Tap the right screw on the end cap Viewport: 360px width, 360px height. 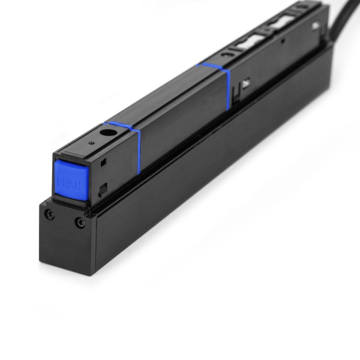coord(80,223)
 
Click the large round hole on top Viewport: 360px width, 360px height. coord(108,133)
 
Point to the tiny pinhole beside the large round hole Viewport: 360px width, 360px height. coord(91,143)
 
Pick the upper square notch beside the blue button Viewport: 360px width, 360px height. coord(104,161)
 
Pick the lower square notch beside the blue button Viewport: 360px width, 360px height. coord(103,189)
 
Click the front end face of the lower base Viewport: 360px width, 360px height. coord(66,240)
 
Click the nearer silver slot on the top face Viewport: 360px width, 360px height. coord(247,43)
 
